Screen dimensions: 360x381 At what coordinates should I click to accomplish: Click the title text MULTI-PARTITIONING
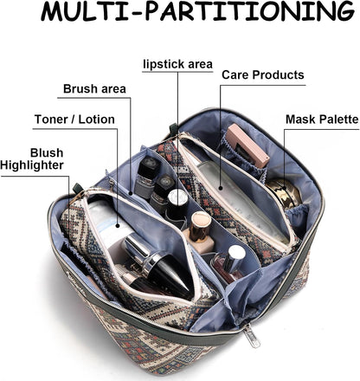pyautogui.click(x=197, y=12)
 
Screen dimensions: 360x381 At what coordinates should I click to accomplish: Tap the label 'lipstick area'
pyautogui.click(x=177, y=64)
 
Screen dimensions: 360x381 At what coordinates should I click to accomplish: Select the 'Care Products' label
pyautogui.click(x=263, y=75)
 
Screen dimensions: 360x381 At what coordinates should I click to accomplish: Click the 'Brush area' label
pyautogui.click(x=94, y=88)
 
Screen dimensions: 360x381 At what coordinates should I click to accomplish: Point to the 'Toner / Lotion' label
pyautogui.click(x=74, y=119)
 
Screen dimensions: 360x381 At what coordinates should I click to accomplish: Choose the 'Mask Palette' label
pyautogui.click(x=322, y=119)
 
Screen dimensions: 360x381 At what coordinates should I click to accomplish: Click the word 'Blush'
pyautogui.click(x=47, y=152)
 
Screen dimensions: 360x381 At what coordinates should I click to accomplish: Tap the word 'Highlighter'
pyautogui.click(x=32, y=165)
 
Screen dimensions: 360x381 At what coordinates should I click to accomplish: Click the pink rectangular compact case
pyautogui.click(x=247, y=145)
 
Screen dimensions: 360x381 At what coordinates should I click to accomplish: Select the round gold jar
pyautogui.click(x=284, y=192)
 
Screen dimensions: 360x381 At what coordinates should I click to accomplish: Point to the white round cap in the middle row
pyautogui.click(x=177, y=198)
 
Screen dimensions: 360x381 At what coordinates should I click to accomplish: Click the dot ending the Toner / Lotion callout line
pyautogui.click(x=118, y=225)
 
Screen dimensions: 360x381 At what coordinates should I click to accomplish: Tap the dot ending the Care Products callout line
pyautogui.click(x=221, y=188)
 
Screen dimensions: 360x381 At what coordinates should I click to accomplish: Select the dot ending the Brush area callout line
pyautogui.click(x=131, y=193)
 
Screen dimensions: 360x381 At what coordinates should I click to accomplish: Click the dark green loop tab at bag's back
pyautogui.click(x=173, y=129)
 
